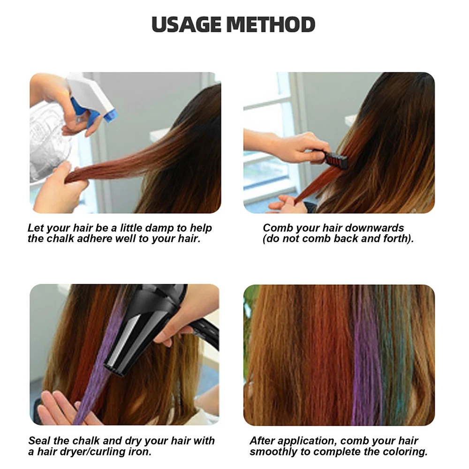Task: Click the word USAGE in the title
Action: (x=188, y=24)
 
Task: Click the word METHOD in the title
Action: (x=271, y=24)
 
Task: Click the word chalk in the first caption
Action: (x=61, y=239)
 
